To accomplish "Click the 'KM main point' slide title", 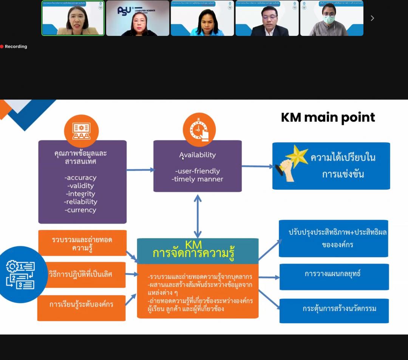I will coord(328,117).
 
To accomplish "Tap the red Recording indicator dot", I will coord(2,46).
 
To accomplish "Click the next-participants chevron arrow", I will coord(372,18).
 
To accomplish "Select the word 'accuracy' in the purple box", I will coord(80,178).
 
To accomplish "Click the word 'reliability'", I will coord(80,202).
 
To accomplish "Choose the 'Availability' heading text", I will coord(198,155).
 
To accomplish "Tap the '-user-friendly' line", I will coord(198,171).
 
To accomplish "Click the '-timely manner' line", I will coord(198,179).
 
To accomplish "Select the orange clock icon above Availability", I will coord(199,130).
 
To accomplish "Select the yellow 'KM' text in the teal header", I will coord(193,244).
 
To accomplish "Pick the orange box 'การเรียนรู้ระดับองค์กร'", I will coord(81,304).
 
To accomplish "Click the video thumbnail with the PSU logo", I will coord(138,18).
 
